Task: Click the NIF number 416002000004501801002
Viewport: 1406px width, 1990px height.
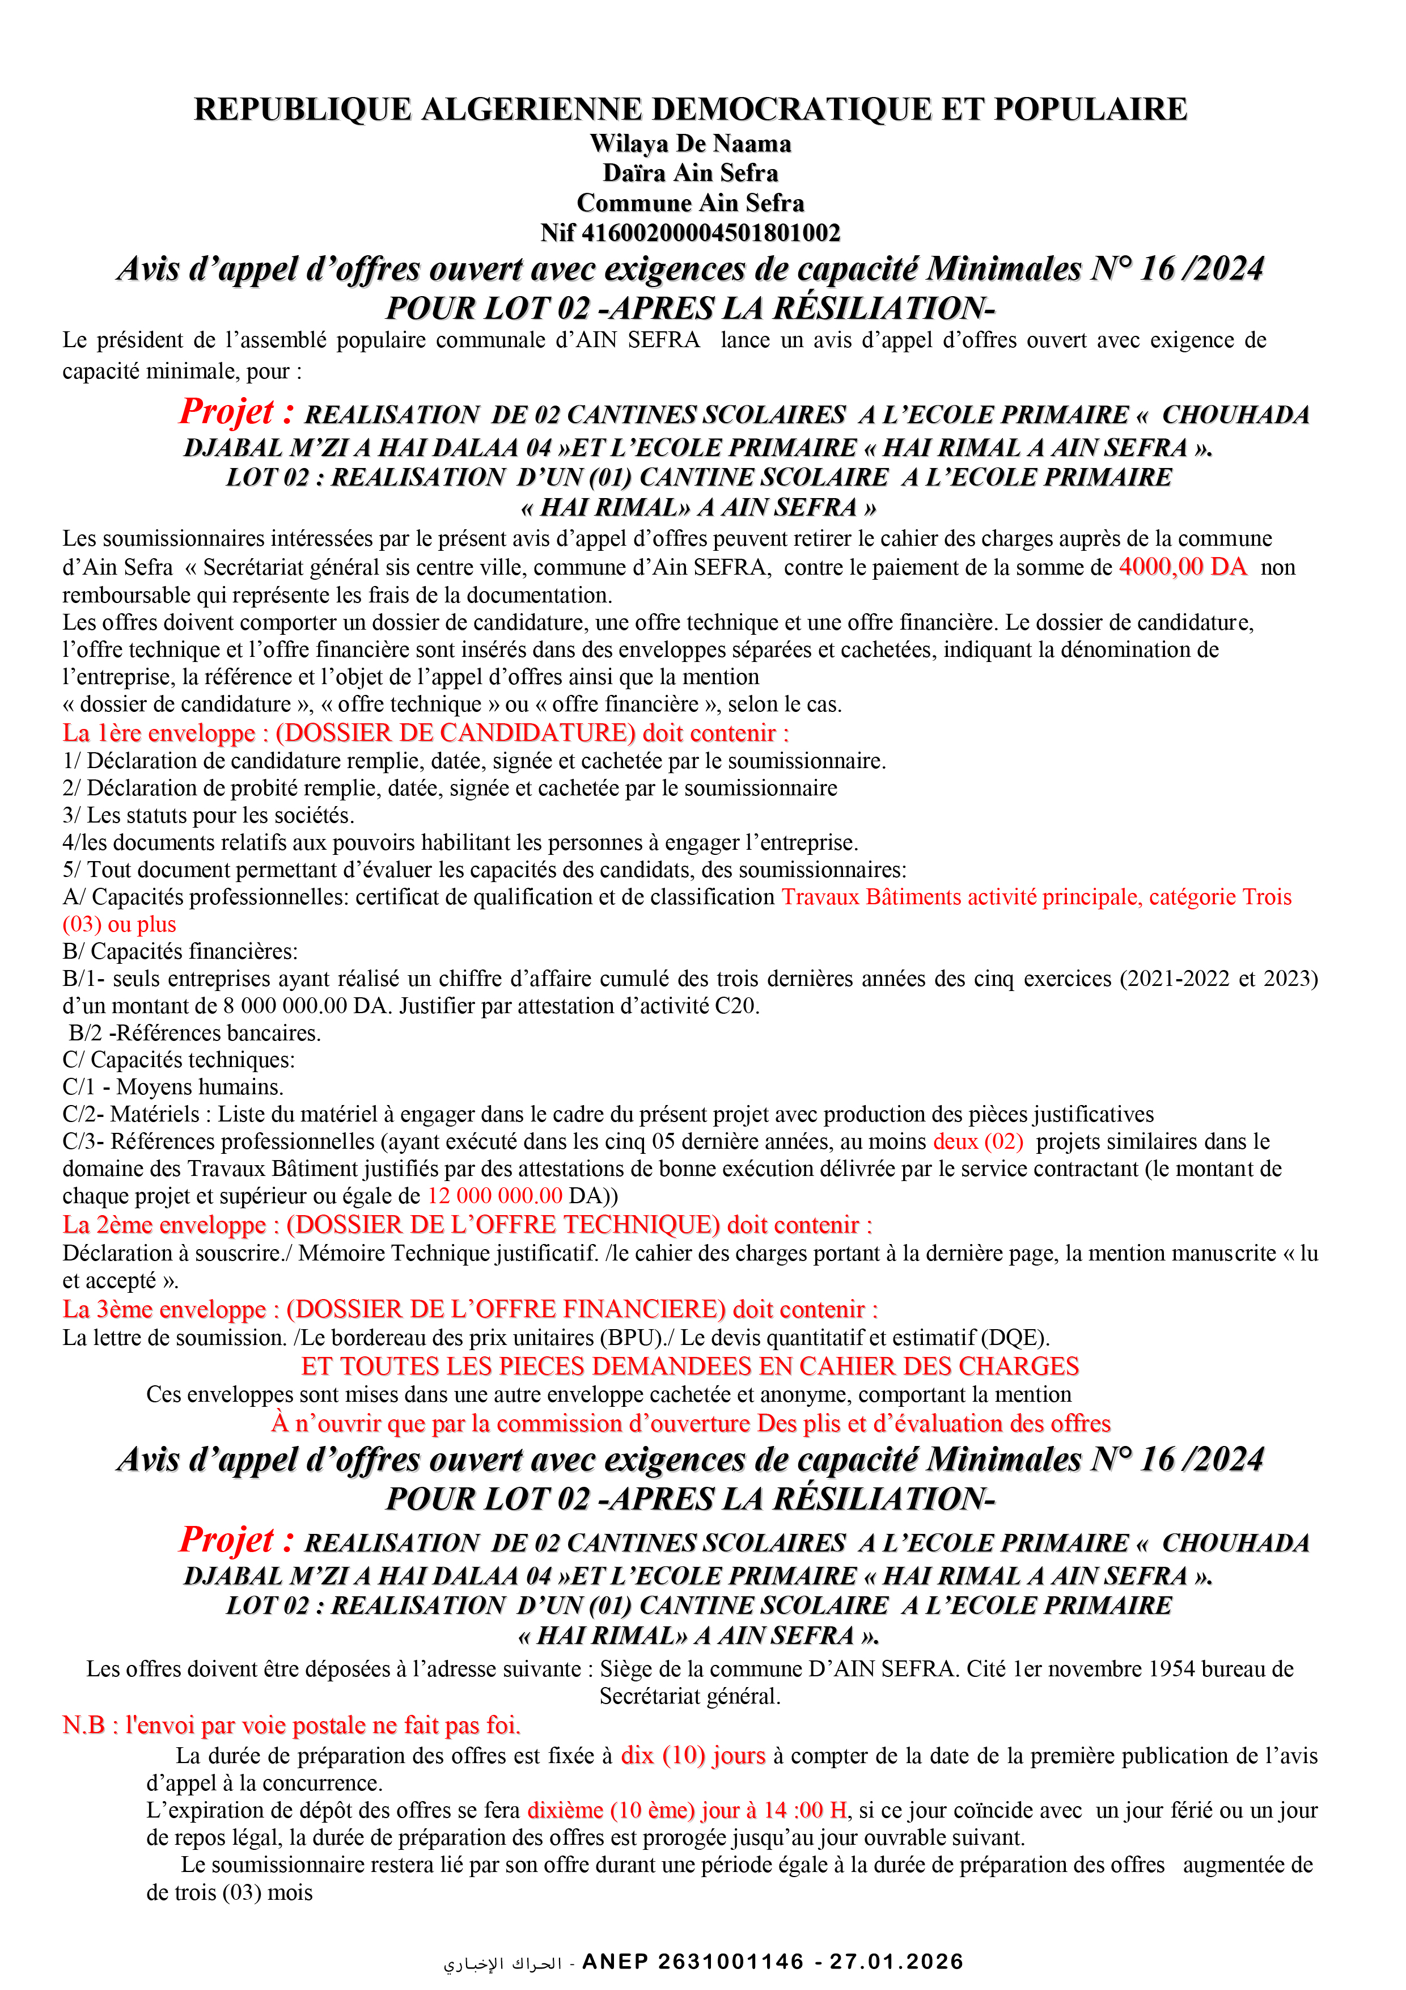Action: tap(710, 233)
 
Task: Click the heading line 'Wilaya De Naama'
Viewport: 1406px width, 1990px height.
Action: tap(691, 144)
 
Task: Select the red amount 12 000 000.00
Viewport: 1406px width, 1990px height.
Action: tap(495, 1196)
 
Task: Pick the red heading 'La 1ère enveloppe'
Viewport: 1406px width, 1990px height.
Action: tap(159, 733)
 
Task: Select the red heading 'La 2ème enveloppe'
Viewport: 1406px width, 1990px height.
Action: tap(164, 1225)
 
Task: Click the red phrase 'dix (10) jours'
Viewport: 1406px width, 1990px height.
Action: tap(693, 1756)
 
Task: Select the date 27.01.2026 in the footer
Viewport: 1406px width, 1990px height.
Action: tap(897, 1962)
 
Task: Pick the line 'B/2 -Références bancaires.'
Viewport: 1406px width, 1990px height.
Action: tap(195, 1033)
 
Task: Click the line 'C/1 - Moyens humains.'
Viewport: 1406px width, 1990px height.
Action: tap(173, 1087)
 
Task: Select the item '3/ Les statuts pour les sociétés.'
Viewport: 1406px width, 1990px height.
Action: tap(208, 816)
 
